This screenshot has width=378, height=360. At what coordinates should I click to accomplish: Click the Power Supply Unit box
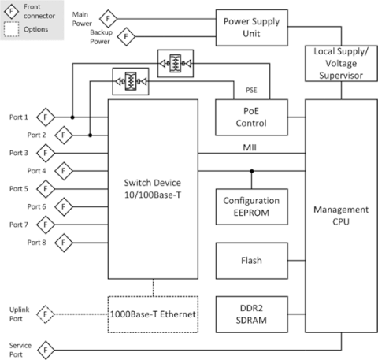click(x=252, y=28)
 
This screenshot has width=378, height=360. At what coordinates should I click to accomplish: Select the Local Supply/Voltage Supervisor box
click(x=341, y=63)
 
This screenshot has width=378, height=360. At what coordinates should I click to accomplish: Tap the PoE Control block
click(x=251, y=117)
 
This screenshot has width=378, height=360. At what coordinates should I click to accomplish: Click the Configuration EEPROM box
click(x=251, y=206)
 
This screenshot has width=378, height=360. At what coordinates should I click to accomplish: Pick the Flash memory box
click(x=251, y=261)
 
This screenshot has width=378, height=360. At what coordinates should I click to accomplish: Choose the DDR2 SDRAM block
click(x=251, y=314)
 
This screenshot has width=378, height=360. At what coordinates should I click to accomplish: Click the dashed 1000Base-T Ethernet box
click(x=153, y=314)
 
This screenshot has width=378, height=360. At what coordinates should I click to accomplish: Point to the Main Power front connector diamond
click(x=108, y=19)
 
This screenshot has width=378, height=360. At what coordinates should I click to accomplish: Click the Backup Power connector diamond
click(x=126, y=36)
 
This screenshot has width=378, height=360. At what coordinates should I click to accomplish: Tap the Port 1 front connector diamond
click(x=46, y=117)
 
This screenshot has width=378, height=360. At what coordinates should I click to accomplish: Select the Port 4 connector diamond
click(x=64, y=171)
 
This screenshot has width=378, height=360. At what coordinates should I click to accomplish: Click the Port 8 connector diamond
click(x=64, y=243)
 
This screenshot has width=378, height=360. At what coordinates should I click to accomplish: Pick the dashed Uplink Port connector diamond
click(x=46, y=314)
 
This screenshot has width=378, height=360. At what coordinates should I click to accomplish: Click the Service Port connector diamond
click(x=46, y=350)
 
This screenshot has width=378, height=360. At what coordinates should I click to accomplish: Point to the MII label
click(x=250, y=147)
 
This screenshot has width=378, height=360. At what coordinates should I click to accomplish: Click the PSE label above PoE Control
click(x=251, y=90)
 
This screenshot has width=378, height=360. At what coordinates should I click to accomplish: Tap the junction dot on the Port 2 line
click(x=90, y=135)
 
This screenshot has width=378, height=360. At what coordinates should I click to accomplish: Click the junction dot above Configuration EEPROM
click(x=252, y=171)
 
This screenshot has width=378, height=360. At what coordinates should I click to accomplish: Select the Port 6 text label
click(x=36, y=206)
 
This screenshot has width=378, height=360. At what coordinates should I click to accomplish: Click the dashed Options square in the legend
click(x=11, y=29)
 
